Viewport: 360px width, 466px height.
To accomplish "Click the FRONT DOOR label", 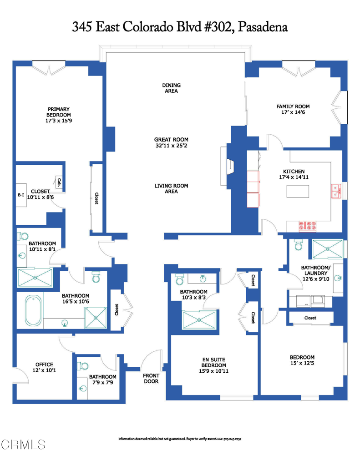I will click(x=151, y=378).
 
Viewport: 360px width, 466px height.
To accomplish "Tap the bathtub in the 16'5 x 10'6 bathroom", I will click(x=33, y=311).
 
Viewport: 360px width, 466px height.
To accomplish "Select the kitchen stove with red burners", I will click(x=307, y=226).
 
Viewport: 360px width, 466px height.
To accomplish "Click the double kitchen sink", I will click(x=336, y=191).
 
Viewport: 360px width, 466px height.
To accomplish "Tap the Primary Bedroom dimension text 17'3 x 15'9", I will click(x=59, y=121).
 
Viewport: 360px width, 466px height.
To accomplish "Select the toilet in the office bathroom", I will click(x=83, y=366).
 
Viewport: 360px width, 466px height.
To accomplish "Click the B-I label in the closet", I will click(x=21, y=195).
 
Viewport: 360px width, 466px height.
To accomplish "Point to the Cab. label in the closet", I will click(x=59, y=182).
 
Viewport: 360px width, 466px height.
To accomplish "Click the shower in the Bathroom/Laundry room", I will click(x=327, y=249).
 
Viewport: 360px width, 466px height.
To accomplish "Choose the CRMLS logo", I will click(x=23, y=444).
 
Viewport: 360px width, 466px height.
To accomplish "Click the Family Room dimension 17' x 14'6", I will click(x=293, y=112).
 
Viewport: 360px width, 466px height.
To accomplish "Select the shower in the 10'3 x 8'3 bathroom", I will click(x=198, y=319).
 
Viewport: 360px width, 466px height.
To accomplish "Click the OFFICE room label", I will click(x=44, y=365).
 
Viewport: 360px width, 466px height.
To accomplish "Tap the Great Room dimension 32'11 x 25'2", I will click(x=171, y=146).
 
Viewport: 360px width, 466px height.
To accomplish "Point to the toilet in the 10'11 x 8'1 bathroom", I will click(x=23, y=236).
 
